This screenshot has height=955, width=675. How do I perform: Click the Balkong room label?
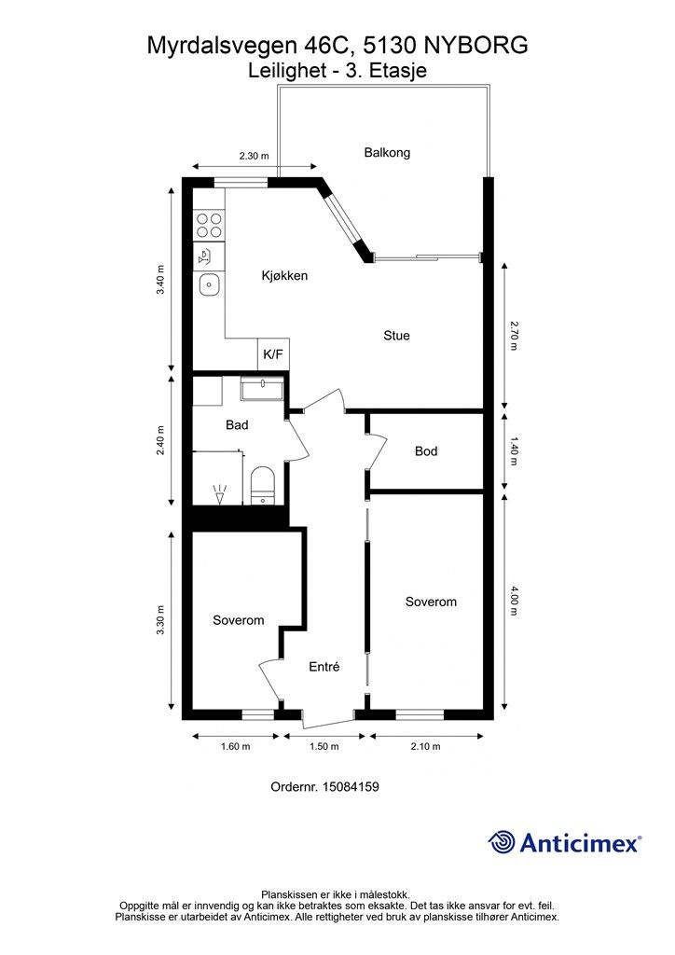[x=387, y=152]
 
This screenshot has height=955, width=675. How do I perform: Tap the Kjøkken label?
[x=284, y=275]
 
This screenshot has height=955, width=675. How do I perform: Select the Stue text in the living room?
[x=396, y=335]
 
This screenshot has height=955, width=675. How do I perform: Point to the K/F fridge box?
[x=273, y=353]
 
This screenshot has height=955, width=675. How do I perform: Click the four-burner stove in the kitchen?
[x=209, y=226]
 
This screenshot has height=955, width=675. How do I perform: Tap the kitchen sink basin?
[x=209, y=284]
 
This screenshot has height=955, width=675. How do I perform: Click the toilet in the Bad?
[x=263, y=485]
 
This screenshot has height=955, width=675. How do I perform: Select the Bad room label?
[x=237, y=424]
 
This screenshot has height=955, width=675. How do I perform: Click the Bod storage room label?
[x=426, y=450]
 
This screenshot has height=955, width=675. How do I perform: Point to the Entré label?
[x=324, y=667]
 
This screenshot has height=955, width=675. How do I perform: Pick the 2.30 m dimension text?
[x=254, y=156]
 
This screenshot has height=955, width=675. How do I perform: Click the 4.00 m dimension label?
[x=514, y=602]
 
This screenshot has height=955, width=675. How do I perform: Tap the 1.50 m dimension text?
[x=324, y=746]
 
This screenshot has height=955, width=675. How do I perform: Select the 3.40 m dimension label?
[x=160, y=280]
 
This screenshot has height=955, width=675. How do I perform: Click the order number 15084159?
[x=350, y=786]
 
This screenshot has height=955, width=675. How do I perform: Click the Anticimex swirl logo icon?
[x=502, y=842]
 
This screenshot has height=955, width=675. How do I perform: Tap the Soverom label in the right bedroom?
[x=431, y=602]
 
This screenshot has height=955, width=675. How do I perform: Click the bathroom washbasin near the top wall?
[x=262, y=389]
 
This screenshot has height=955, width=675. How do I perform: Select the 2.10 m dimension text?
[x=425, y=746]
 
